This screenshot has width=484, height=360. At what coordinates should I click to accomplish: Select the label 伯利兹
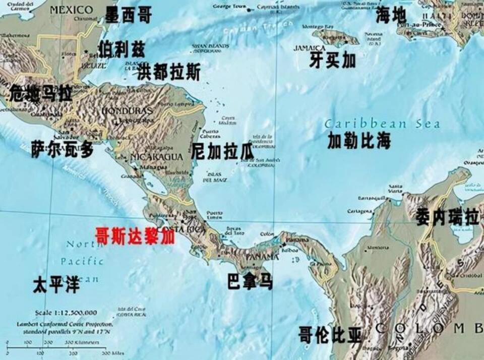(x=121, y=49)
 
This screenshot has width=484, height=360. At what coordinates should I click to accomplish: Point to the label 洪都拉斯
(x=168, y=72)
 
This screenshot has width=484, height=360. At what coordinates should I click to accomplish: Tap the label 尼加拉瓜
(x=222, y=151)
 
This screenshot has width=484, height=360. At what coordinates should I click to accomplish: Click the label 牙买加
(x=332, y=61)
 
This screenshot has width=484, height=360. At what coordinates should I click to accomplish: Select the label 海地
(x=391, y=16)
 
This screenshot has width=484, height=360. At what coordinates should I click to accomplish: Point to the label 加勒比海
(x=358, y=141)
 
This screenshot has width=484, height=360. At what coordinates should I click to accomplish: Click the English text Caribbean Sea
(x=382, y=124)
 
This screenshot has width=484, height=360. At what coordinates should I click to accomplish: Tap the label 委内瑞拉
(x=447, y=217)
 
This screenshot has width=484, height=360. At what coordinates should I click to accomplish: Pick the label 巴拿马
(x=250, y=281)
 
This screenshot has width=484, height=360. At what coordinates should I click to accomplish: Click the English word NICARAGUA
(x=156, y=157)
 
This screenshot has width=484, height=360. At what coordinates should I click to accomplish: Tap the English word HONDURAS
(x=127, y=110)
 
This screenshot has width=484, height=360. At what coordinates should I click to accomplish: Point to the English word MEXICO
(x=72, y=10)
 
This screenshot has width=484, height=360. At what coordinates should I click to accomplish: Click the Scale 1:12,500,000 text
(x=66, y=313)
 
